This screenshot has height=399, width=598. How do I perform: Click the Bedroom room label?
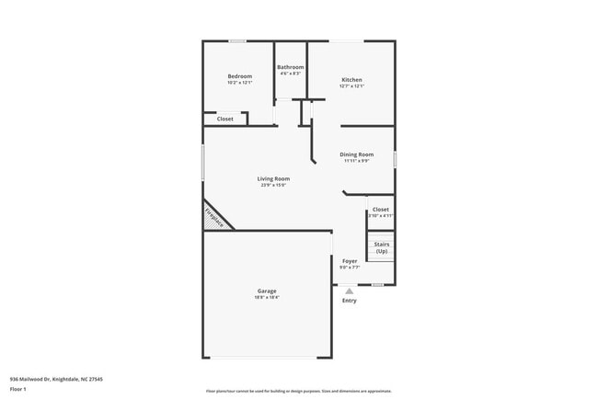pyautogui.click(x=239, y=76)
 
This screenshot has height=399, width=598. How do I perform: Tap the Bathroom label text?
pyautogui.click(x=291, y=67)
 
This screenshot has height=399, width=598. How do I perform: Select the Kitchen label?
pyautogui.click(x=352, y=80)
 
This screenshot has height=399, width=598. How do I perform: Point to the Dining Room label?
pyautogui.click(x=357, y=154)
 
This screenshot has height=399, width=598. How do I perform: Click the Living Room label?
pyautogui.click(x=273, y=178)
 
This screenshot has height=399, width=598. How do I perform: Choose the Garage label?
pyautogui.click(x=267, y=291)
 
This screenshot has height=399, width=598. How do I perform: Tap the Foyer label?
pyautogui.click(x=350, y=261)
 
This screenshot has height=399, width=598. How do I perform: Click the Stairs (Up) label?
pyautogui.click(x=381, y=247)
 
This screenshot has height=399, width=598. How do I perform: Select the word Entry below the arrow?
pyautogui.click(x=350, y=301)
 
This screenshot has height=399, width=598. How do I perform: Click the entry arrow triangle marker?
pyautogui.click(x=350, y=291)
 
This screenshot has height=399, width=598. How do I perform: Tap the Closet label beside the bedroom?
pyautogui.click(x=225, y=119)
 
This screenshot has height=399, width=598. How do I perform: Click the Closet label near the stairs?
pyautogui.click(x=380, y=210)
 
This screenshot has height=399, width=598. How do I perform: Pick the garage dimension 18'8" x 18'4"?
pyautogui.click(x=267, y=298)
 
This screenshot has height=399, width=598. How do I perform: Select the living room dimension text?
pyautogui.click(x=273, y=185)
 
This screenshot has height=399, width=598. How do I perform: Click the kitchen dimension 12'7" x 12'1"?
pyautogui.click(x=352, y=86)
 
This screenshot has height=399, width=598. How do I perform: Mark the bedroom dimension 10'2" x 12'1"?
pyautogui.click(x=239, y=83)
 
